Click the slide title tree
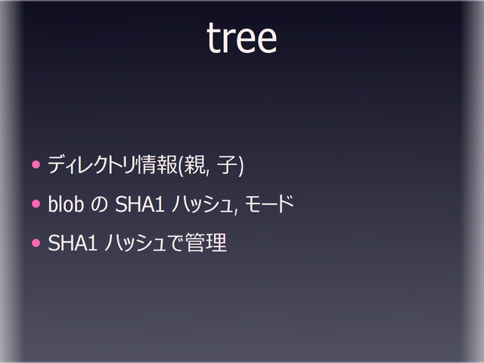point(241,39)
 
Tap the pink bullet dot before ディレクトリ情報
point(35,164)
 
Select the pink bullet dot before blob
point(35,204)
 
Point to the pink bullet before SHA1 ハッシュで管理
point(35,244)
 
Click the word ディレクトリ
point(95,165)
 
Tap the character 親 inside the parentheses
point(194,165)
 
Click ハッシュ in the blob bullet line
point(199,205)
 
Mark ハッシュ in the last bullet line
point(134,244)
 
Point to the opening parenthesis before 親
point(181,166)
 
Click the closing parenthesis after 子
point(240,166)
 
